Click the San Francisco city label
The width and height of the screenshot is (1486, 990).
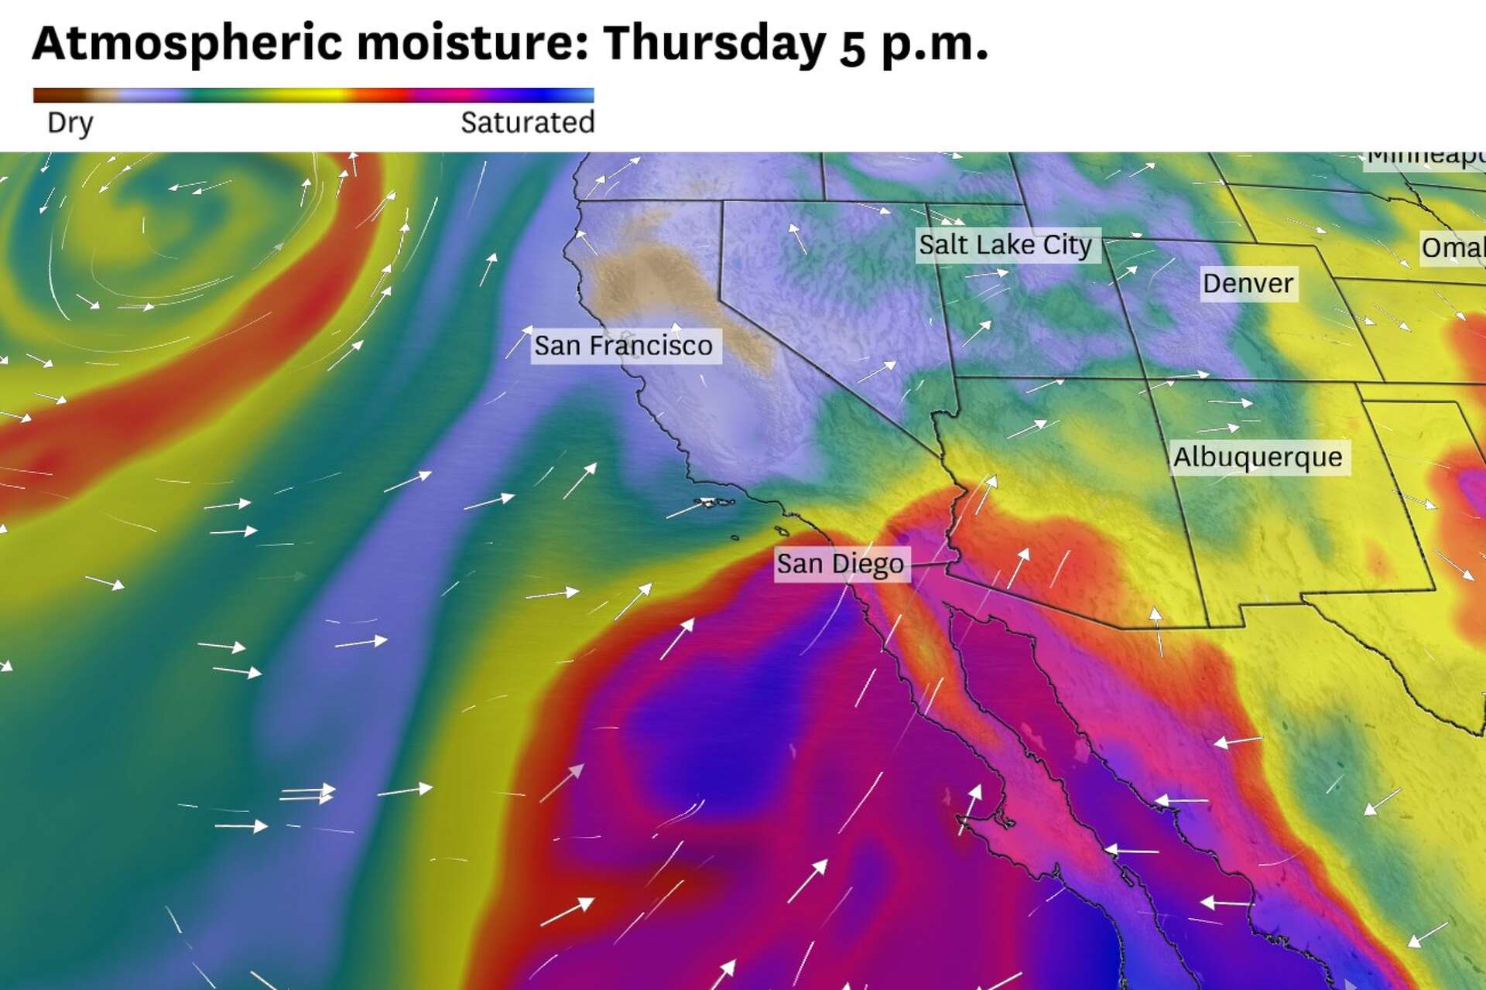pos(624,346)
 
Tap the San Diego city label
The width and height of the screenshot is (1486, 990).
pos(841,564)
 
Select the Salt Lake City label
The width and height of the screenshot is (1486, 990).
pos(1005,245)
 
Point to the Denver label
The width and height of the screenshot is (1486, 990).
pos(1248,283)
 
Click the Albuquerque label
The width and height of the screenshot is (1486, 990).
pos(1258,457)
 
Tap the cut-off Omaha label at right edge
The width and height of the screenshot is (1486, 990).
pos(1453,248)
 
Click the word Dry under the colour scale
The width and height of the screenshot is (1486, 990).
pos(70,123)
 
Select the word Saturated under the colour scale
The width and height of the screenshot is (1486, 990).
pos(527,123)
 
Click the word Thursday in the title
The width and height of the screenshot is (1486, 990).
pos(714,43)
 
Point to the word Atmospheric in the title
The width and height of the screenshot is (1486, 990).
pos(187,43)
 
